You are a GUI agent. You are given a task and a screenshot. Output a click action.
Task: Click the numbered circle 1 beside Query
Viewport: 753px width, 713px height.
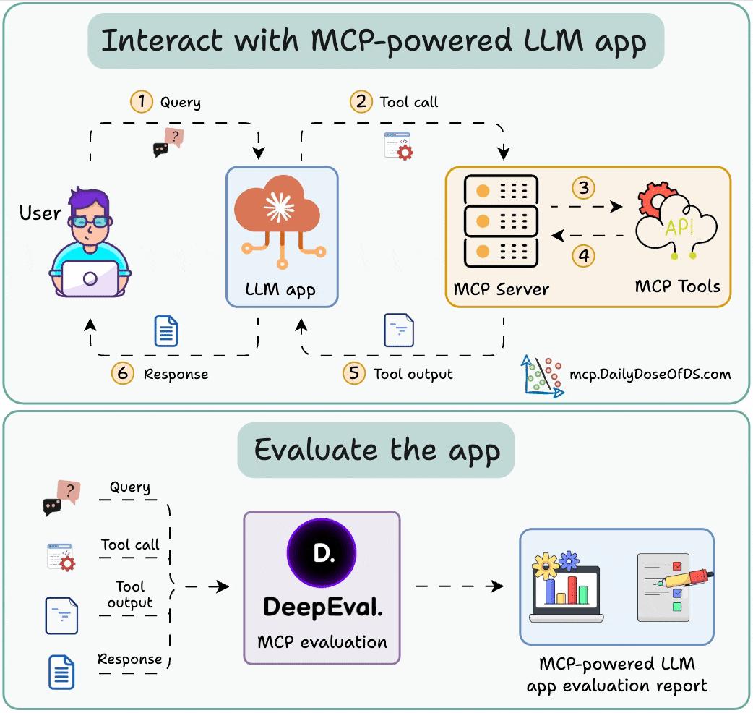142,101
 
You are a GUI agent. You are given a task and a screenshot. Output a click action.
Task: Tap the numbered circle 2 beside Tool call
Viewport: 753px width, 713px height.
361,101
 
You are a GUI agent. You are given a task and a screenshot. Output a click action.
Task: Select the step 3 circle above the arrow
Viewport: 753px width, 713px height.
583,188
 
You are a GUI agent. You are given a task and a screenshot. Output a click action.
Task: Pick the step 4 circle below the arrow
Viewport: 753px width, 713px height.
583,255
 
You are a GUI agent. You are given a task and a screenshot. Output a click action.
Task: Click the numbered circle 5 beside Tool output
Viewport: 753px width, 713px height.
354,373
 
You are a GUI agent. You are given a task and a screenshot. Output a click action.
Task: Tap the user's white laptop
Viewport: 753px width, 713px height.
90,278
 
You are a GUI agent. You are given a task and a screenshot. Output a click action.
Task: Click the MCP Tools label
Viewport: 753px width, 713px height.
677,286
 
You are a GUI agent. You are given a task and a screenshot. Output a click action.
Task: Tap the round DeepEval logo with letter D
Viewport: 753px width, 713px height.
322,554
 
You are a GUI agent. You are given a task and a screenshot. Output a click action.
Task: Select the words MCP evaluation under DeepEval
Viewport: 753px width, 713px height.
322,641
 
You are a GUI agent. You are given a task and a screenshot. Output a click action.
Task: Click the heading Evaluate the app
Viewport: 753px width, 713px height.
376,450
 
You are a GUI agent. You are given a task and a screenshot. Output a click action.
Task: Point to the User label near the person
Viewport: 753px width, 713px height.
40,213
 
